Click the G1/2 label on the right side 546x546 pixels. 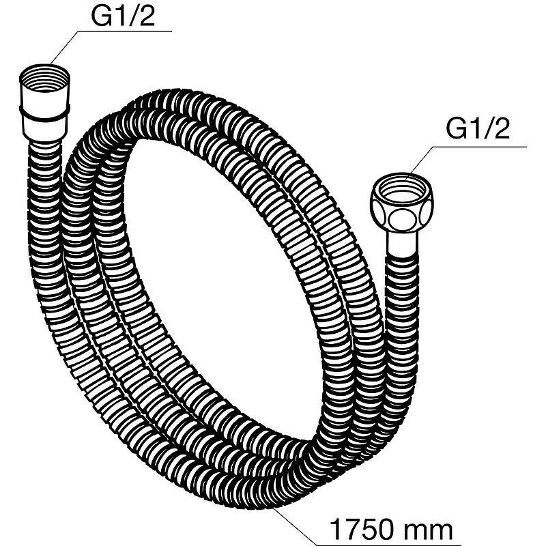478,129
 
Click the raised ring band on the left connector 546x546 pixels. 44,113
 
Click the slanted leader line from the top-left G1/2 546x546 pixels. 63,48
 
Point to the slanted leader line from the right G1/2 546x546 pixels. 420,160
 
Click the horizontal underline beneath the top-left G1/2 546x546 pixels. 125,31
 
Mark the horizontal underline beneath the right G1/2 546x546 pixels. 480,147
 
